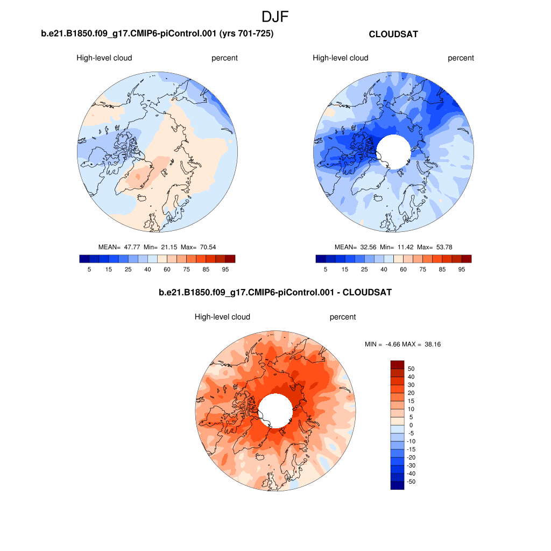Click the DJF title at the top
point(275,17)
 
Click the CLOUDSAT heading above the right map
point(393,34)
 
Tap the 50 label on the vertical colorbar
point(412,369)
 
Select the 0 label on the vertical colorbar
point(412,425)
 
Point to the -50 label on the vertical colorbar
point(412,482)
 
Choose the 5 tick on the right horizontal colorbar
point(326,269)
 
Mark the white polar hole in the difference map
point(275,411)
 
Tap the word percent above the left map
point(224,58)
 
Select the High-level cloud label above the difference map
point(222,317)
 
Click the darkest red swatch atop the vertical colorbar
point(397,364)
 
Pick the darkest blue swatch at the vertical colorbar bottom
point(397,485)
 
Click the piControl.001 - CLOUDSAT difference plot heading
point(275,293)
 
